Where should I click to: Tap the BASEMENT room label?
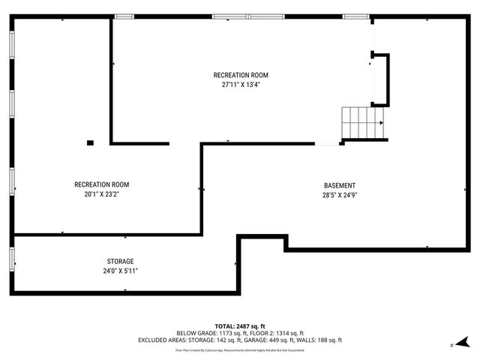pyautogui.click(x=340, y=185)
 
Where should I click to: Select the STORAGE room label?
pyautogui.click(x=120, y=261)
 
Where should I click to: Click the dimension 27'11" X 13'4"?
pyautogui.click(x=241, y=85)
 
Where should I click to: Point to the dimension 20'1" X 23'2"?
pyautogui.click(x=101, y=194)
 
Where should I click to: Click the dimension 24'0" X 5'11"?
pyautogui.click(x=120, y=271)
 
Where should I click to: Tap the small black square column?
pyautogui.click(x=90, y=142)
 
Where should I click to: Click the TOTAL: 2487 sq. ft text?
pyautogui.click(x=239, y=325)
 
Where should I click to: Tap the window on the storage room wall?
pyautogui.click(x=12, y=257)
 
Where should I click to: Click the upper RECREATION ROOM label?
pyautogui.click(x=241, y=75)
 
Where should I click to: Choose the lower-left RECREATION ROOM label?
pyautogui.click(x=101, y=184)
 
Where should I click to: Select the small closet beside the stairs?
pyautogui.click(x=380, y=79)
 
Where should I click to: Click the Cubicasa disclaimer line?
pyautogui.click(x=239, y=349)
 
